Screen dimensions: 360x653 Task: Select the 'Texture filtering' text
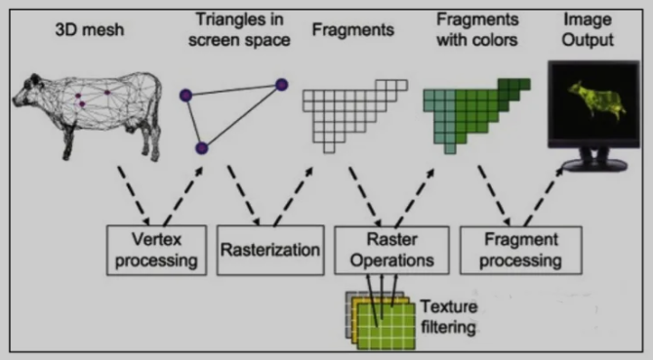448,317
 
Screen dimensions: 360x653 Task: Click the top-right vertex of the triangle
281,85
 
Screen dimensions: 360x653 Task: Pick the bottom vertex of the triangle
202,148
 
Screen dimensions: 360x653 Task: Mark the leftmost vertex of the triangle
184,95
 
